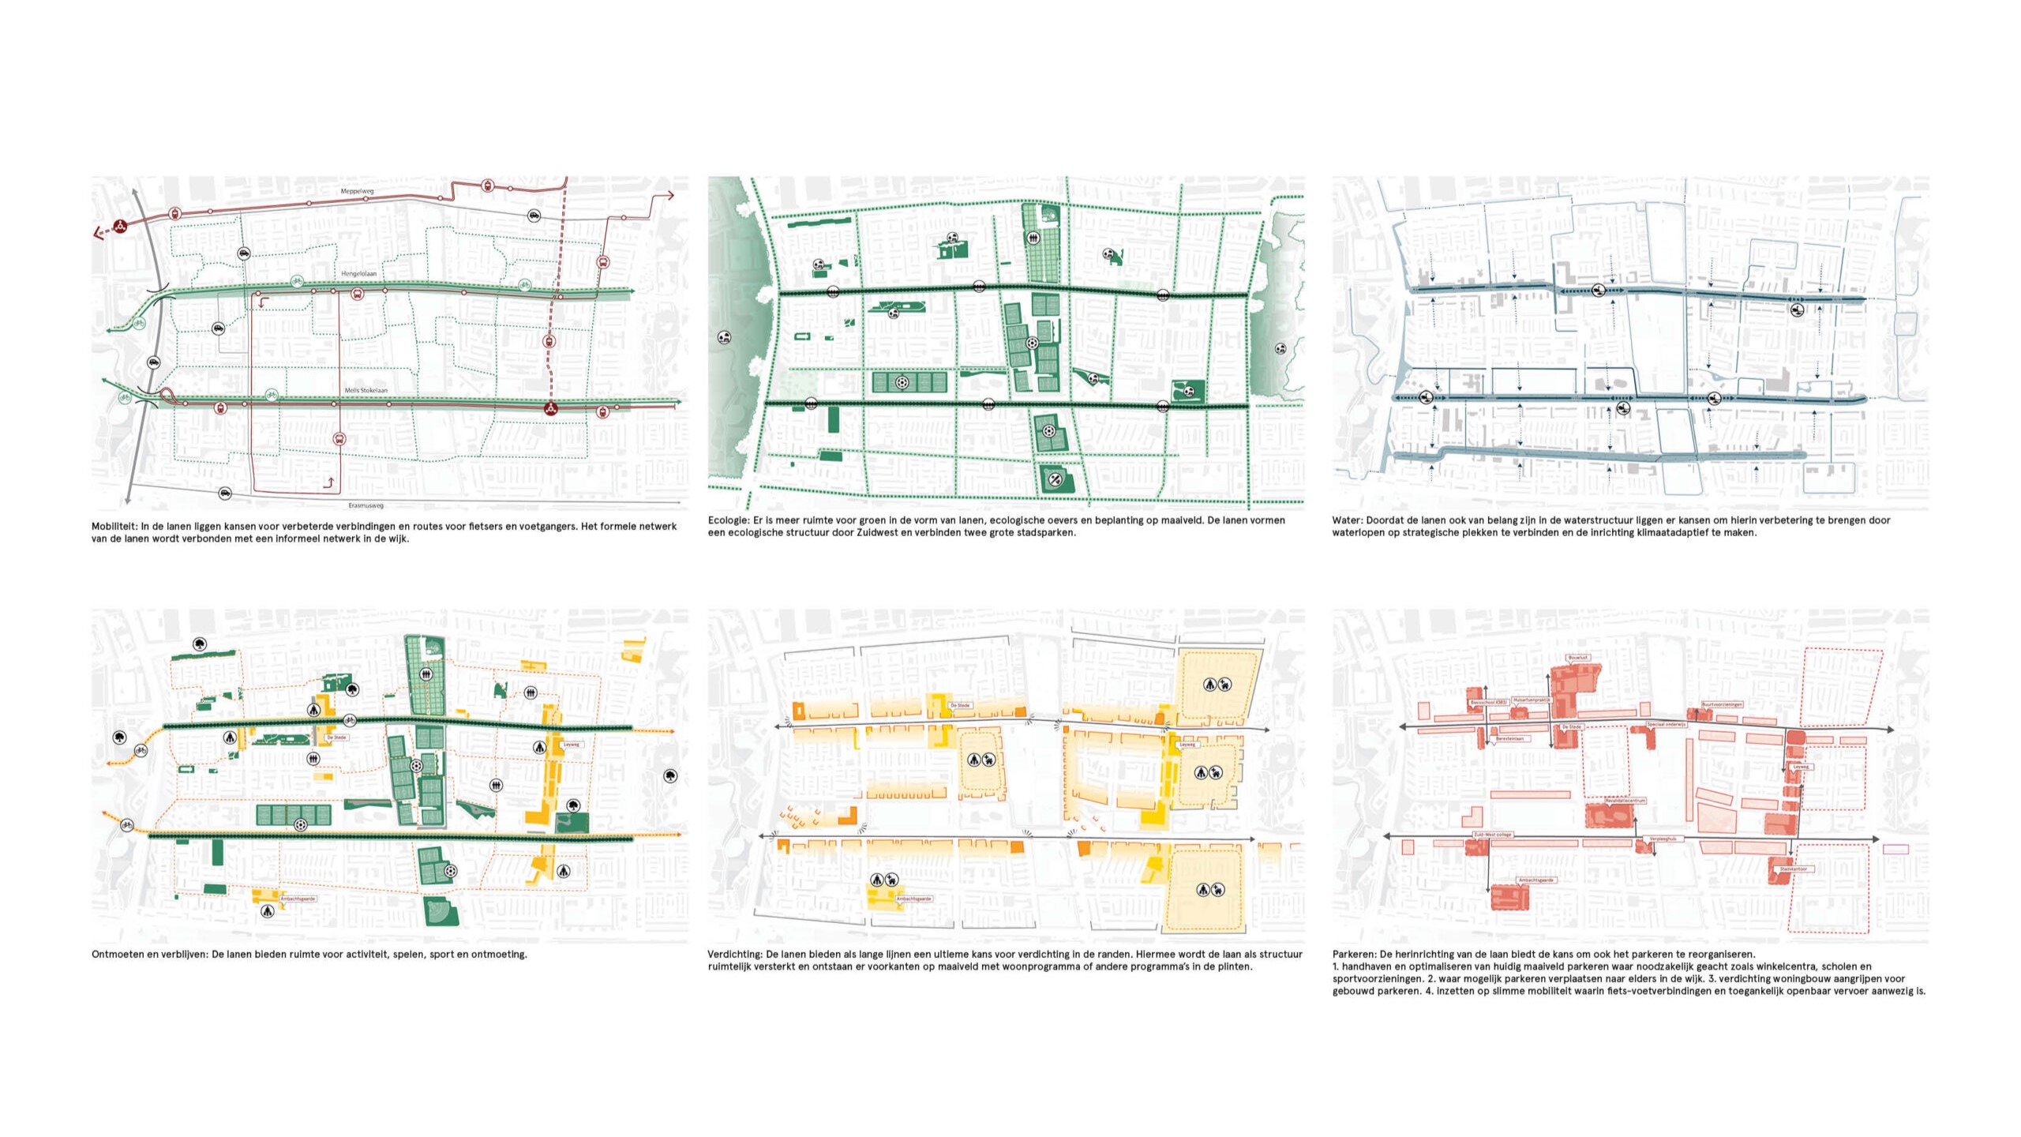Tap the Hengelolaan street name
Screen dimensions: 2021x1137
pos(358,273)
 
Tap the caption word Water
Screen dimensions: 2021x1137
pos(1344,520)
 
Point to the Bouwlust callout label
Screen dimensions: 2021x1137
pos(1578,657)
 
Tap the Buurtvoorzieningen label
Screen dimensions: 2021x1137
pos(1722,704)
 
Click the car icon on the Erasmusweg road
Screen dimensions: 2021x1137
pos(225,493)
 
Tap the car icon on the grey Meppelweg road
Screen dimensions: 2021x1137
pos(534,216)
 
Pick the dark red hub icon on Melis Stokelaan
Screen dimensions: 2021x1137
pos(551,408)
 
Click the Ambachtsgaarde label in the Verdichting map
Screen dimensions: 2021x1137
pos(914,899)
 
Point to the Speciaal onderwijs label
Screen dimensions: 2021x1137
pos(1666,723)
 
